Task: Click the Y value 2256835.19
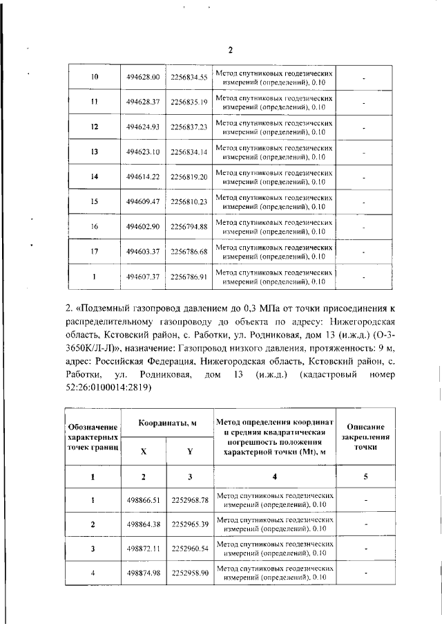[189, 102]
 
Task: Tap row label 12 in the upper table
[95, 127]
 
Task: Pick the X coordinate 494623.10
[143, 152]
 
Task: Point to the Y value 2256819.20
[189, 177]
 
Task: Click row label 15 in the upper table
[95, 202]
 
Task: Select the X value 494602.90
[143, 227]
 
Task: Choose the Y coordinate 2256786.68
[189, 252]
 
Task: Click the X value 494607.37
[143, 277]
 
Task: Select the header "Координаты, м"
[166, 423]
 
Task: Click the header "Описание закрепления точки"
[365, 437]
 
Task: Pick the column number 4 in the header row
[274, 477]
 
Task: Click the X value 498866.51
[143, 500]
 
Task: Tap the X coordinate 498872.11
[143, 549]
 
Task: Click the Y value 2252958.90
[190, 573]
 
